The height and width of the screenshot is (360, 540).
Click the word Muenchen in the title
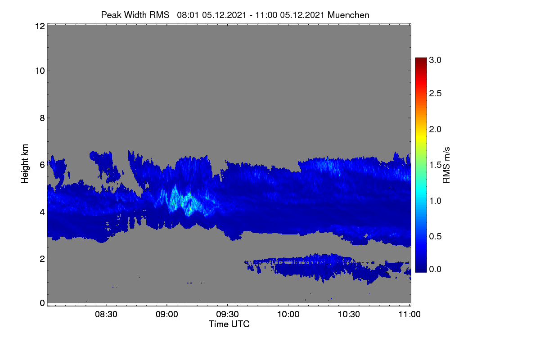pyautogui.click(x=348, y=15)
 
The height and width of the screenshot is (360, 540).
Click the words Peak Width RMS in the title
pyautogui.click(x=135, y=15)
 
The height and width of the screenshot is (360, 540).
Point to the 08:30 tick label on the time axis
pyautogui.click(x=106, y=315)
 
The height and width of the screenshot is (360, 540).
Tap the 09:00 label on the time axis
pyautogui.click(x=167, y=315)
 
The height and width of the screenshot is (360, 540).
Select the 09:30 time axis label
pyautogui.click(x=227, y=315)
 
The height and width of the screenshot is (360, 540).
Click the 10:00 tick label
pyautogui.click(x=288, y=315)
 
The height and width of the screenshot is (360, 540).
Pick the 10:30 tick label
pyautogui.click(x=349, y=315)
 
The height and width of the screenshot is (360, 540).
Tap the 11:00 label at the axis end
pyautogui.click(x=409, y=315)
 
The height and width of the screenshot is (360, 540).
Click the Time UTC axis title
pyautogui.click(x=229, y=324)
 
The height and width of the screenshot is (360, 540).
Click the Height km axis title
pyautogui.click(x=25, y=164)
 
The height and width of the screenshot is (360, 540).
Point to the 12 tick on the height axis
pyautogui.click(x=40, y=26)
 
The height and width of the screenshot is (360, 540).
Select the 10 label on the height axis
pyautogui.click(x=40, y=71)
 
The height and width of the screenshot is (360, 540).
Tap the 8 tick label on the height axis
pyautogui.click(x=42, y=118)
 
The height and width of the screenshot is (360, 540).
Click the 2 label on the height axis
pyautogui.click(x=42, y=259)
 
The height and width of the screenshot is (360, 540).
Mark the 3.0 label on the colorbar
pyautogui.click(x=435, y=60)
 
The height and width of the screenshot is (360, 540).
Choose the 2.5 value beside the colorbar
pyautogui.click(x=435, y=94)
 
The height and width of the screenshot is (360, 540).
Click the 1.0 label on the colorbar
pyautogui.click(x=435, y=201)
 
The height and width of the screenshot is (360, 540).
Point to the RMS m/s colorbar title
pyautogui.click(x=446, y=165)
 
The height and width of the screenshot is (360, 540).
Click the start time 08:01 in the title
pyautogui.click(x=188, y=15)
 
